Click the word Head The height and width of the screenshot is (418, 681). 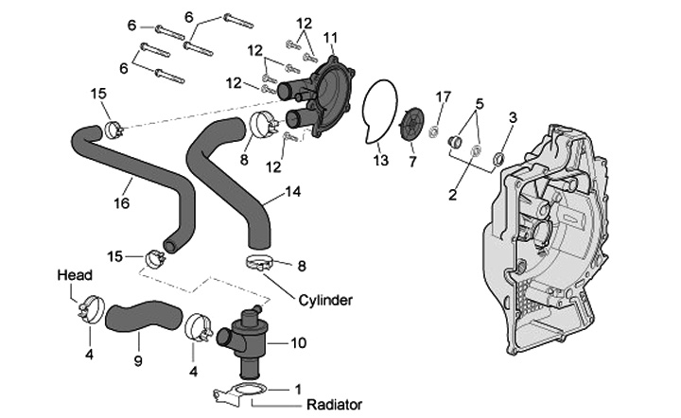(75, 275)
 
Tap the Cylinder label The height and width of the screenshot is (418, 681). (324, 301)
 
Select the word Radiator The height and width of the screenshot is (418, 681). (334, 405)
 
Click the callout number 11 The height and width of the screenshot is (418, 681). (330, 37)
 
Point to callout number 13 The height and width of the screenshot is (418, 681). (380, 161)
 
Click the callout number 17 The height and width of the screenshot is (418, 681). (444, 97)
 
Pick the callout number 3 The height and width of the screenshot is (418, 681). (514, 117)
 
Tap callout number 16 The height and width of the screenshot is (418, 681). (121, 201)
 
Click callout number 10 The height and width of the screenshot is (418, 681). (299, 342)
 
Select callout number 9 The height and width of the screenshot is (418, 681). (138, 360)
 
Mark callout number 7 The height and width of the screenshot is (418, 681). (411, 162)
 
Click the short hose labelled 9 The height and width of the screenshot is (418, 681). (139, 316)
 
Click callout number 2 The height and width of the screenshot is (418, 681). (452, 196)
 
